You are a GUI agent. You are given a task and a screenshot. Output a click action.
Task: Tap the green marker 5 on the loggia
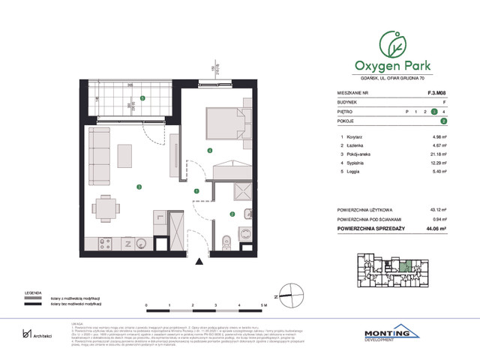(143, 99)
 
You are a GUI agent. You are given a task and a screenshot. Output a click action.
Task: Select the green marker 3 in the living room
(138, 187)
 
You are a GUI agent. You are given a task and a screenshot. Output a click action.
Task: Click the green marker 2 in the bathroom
(232, 213)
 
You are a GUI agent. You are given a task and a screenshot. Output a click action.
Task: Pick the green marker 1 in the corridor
(196, 191)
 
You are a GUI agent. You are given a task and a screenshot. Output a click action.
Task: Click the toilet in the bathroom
(226, 241)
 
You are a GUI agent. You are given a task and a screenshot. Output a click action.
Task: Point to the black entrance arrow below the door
(198, 260)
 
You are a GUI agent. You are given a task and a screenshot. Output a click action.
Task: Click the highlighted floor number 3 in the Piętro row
(433, 112)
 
